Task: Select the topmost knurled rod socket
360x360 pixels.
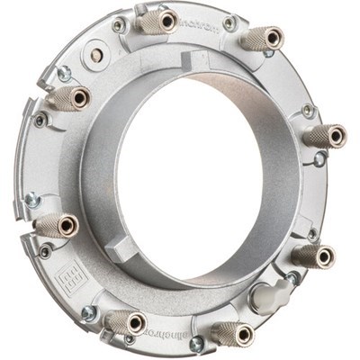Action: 162,22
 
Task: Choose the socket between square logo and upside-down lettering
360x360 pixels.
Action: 126,321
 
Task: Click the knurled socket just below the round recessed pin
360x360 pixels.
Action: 71,96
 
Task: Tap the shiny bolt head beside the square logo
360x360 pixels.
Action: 89,313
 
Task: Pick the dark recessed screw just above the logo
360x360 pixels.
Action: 45,252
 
